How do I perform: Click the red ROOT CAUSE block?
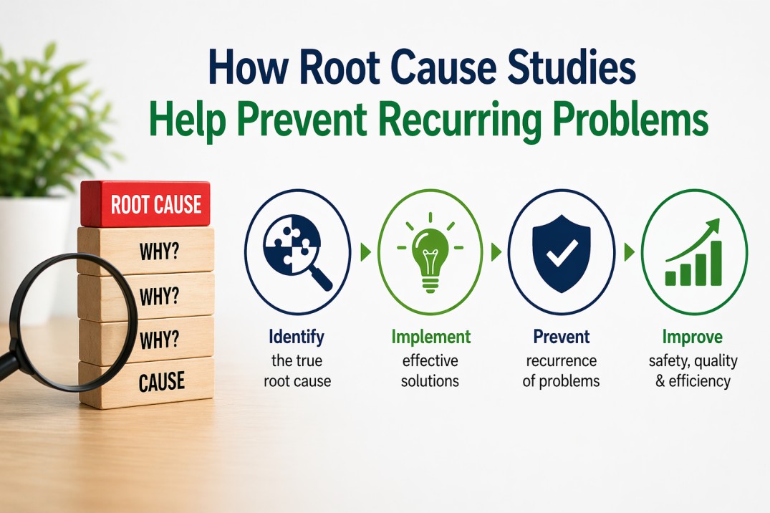(x=146, y=203)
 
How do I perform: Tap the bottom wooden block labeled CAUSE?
(x=146, y=383)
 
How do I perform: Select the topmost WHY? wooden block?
(x=146, y=251)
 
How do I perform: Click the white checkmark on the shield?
(x=562, y=253)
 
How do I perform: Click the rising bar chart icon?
(x=693, y=253)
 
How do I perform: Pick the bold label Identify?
(x=297, y=337)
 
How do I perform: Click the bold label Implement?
(x=430, y=337)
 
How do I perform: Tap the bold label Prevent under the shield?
(x=562, y=337)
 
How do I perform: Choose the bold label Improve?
(x=693, y=337)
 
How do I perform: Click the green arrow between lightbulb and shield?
(x=496, y=252)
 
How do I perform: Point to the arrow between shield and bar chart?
(x=629, y=252)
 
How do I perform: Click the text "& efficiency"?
(x=693, y=381)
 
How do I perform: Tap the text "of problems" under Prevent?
(x=562, y=381)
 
